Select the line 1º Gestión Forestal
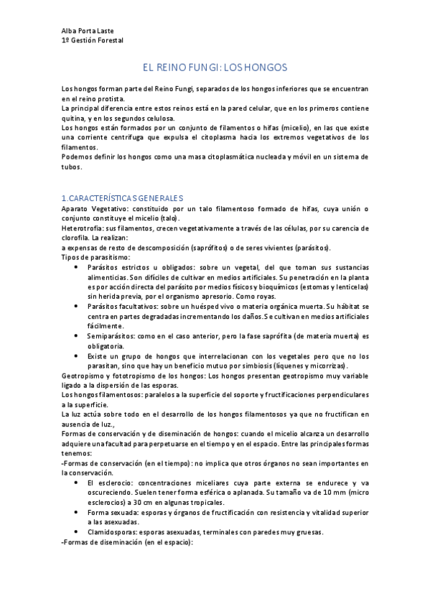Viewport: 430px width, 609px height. click(93, 40)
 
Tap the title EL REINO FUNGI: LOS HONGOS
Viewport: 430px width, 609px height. click(215, 67)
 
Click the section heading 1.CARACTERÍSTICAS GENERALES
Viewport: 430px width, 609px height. click(123, 197)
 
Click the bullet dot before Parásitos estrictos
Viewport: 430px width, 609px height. click(77, 267)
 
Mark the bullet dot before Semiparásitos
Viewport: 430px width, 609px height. click(77, 335)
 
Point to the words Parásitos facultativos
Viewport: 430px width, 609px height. click(120, 306)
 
